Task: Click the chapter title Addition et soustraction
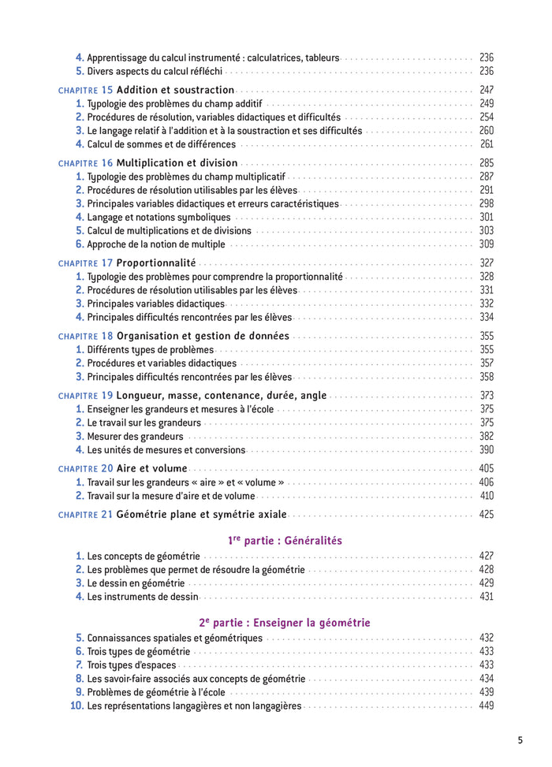click(x=175, y=90)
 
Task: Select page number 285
click(x=486, y=163)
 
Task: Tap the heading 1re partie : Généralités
click(x=285, y=541)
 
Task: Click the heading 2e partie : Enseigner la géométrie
click(x=285, y=623)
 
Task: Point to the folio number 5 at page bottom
click(x=520, y=739)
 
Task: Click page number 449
click(x=486, y=706)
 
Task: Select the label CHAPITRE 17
click(x=86, y=263)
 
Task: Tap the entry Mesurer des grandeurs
click(x=135, y=436)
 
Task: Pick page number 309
click(x=486, y=244)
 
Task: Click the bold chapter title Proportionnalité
click(x=156, y=263)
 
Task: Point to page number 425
click(x=486, y=515)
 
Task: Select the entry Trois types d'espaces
click(x=131, y=665)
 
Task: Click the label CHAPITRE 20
click(x=86, y=468)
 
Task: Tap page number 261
click(x=486, y=144)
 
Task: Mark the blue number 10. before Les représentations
click(x=76, y=706)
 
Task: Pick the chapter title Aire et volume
click(x=152, y=468)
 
